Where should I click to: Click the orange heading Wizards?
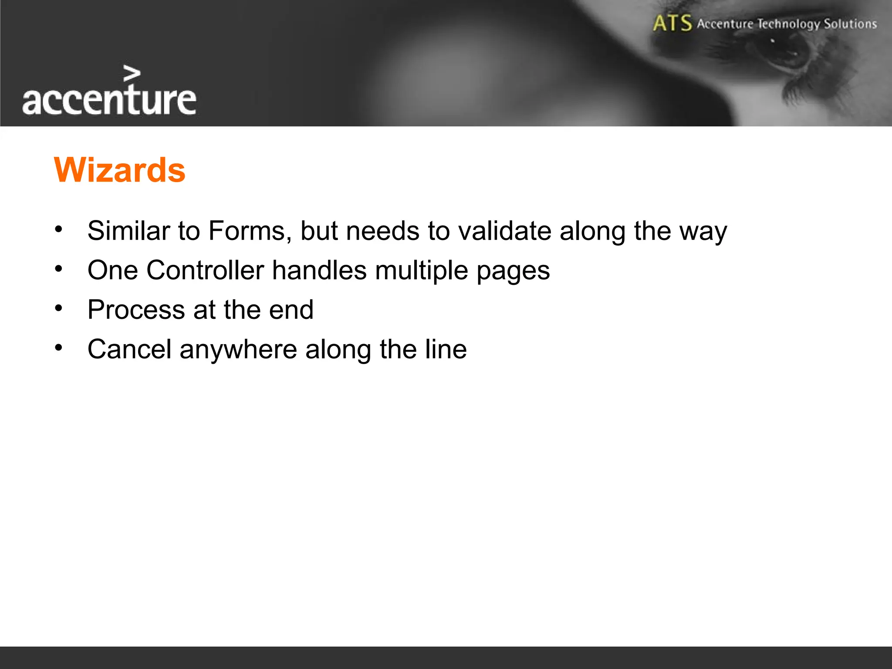[120, 170]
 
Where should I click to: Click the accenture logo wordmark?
[109, 100]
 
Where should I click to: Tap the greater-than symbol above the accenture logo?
[132, 74]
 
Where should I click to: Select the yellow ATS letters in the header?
[672, 23]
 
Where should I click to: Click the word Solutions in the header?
[850, 24]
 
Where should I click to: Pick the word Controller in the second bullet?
[205, 270]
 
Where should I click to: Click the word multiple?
[421, 271]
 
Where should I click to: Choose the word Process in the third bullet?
[136, 310]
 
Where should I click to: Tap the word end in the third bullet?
[291, 310]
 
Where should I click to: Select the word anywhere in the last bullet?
[238, 350]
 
